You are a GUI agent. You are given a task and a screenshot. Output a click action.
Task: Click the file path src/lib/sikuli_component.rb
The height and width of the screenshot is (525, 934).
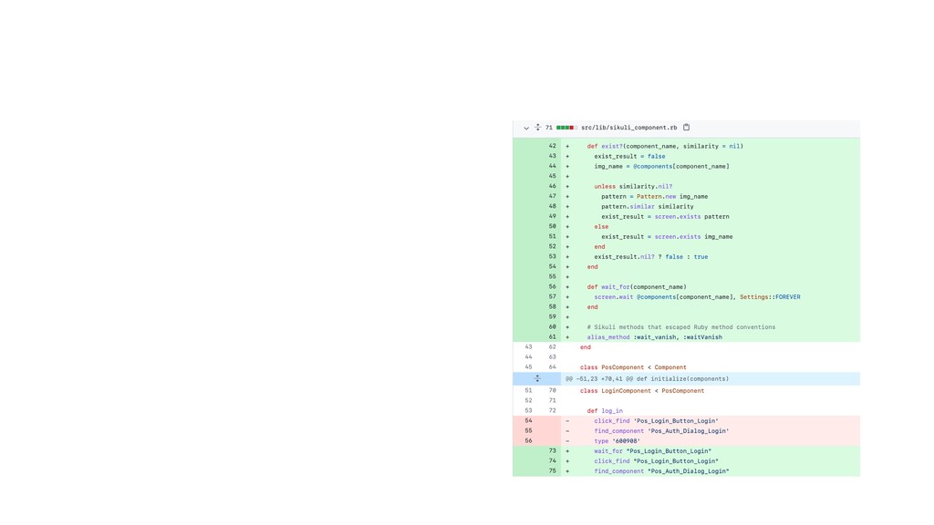point(629,128)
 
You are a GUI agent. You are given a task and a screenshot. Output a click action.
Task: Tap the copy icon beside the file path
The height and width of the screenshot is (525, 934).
point(686,127)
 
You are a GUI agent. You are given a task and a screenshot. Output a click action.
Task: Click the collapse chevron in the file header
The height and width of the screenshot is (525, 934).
point(526,128)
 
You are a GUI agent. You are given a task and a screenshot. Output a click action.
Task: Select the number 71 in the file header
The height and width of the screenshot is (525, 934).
point(548,128)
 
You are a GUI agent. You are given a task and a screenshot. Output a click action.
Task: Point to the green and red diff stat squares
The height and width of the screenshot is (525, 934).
point(566,128)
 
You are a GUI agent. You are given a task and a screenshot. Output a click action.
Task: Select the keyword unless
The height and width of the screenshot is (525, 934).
point(605,186)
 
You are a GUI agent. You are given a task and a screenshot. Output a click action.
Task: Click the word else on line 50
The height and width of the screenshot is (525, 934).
point(601,227)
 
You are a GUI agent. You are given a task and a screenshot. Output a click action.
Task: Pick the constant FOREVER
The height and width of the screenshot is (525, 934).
point(787,297)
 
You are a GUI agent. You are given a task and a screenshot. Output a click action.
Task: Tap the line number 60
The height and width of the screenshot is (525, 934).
point(552,327)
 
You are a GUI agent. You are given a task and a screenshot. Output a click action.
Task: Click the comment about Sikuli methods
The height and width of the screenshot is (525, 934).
point(680,327)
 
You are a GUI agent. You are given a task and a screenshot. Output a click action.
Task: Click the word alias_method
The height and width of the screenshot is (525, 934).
point(608,337)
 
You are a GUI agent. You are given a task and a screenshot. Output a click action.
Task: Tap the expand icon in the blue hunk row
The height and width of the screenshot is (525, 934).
point(537,378)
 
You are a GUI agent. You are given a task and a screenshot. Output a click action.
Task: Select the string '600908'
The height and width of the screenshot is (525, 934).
point(626,441)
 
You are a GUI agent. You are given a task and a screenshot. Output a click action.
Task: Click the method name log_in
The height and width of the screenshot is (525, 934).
point(612,411)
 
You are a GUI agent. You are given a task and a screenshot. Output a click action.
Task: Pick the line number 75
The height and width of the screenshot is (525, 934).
point(552,471)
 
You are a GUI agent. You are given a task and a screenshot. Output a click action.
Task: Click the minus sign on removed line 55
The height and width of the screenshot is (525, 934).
point(567,431)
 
